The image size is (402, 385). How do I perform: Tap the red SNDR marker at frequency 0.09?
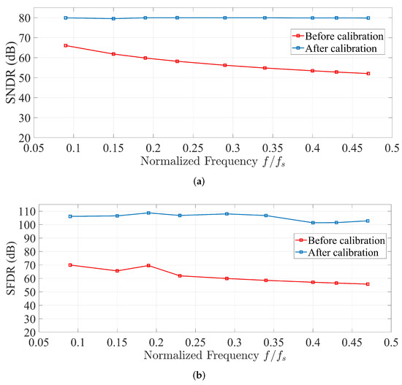pyautogui.click(x=66, y=45)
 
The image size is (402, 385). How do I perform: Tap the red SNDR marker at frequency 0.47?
pyautogui.click(x=368, y=74)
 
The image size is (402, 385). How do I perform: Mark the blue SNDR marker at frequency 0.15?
pyautogui.click(x=113, y=18)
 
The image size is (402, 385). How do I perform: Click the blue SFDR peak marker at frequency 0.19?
pyautogui.click(x=148, y=213)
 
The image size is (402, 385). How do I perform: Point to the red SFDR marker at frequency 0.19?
pyautogui.click(x=148, y=265)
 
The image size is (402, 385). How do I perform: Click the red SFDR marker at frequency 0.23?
pyautogui.click(x=180, y=275)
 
